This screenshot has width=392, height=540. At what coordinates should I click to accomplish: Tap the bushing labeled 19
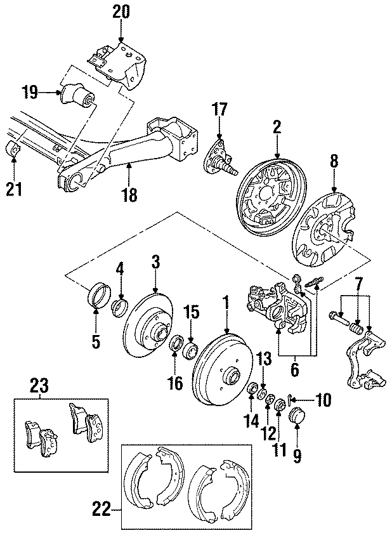coord(78,98)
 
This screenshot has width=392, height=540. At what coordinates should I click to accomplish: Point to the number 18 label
coord(129,196)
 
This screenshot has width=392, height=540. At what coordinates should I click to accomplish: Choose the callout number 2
coord(277,128)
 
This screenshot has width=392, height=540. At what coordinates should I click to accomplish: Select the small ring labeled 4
coord(119,308)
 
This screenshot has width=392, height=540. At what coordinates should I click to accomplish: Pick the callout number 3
coord(155,261)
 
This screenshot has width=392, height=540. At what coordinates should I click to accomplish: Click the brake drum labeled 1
coord(215,368)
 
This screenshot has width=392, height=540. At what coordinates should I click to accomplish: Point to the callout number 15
coord(192,312)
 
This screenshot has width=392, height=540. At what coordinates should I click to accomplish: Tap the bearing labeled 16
coord(178,343)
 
